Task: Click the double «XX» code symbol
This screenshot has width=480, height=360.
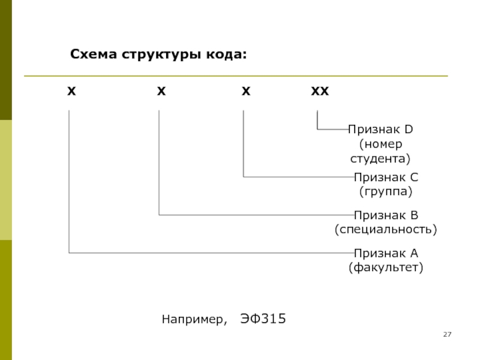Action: coord(320,92)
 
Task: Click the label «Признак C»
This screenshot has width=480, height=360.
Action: coord(386,178)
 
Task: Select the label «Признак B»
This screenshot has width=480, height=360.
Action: coord(386,215)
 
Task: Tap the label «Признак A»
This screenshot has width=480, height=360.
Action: coord(386,253)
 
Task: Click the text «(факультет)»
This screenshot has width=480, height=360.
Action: coord(386,267)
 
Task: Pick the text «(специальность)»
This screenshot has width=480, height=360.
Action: coord(386,229)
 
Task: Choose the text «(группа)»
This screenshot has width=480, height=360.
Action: coord(386,192)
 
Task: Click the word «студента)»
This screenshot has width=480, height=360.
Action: coord(380,159)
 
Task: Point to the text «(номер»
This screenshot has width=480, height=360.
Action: coord(380,144)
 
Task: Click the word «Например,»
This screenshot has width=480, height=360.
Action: coord(194,319)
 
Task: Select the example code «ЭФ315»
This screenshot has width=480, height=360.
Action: coord(263,318)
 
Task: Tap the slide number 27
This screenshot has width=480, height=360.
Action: coord(446,334)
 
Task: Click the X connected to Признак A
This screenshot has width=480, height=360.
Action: coord(71,92)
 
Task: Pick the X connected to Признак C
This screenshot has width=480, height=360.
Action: coord(245,92)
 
